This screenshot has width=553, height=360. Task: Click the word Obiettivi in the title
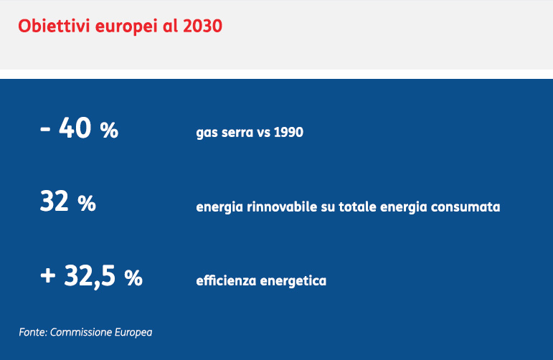click(54, 26)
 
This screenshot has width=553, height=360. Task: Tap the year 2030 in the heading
click(202, 26)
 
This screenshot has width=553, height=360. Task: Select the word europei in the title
click(126, 27)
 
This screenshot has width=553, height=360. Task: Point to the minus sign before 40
click(45, 128)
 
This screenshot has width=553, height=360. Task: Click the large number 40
click(75, 128)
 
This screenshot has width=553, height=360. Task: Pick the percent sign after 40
click(109, 131)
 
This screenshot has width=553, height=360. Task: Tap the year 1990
click(288, 132)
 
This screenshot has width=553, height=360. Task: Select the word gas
click(207, 133)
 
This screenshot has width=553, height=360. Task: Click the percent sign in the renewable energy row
click(87, 204)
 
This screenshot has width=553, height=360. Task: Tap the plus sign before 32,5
click(47, 275)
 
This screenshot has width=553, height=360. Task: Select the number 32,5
click(90, 277)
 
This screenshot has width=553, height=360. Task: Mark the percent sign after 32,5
click(133, 278)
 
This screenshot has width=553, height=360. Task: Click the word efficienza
click(226, 280)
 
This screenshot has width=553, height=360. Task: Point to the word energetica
click(293, 281)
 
